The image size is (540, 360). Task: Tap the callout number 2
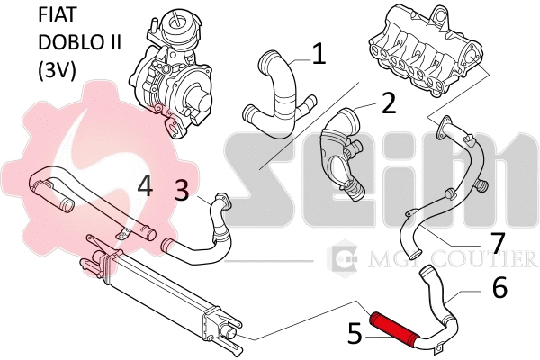388,103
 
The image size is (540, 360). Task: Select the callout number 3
182,189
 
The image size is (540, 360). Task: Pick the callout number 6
499,287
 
